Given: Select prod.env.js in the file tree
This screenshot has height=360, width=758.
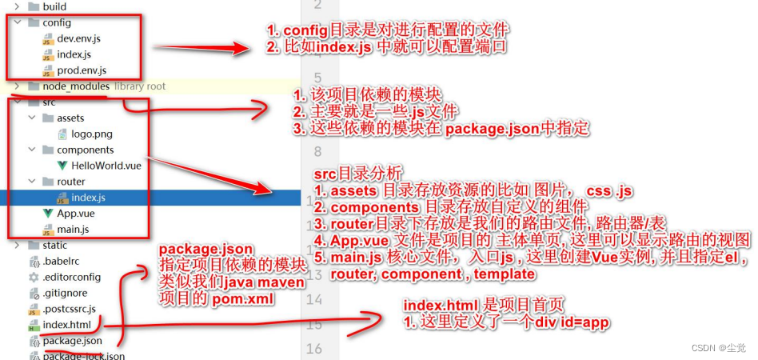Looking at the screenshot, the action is coord(81,70).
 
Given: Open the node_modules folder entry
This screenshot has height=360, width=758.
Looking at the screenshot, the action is coord(76,86).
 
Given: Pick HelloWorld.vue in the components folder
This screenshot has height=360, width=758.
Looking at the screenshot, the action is coord(106,165).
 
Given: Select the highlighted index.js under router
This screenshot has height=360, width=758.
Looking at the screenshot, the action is coord(88,197).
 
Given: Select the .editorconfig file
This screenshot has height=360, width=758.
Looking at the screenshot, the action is coord(73,277).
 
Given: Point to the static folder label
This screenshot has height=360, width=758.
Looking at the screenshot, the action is coord(54,245).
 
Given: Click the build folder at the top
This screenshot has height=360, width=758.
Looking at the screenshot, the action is coord(54,6).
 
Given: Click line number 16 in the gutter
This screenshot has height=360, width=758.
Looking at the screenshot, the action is coord(313,349).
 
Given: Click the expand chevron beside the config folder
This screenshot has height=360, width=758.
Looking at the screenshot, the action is coord(17,22).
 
